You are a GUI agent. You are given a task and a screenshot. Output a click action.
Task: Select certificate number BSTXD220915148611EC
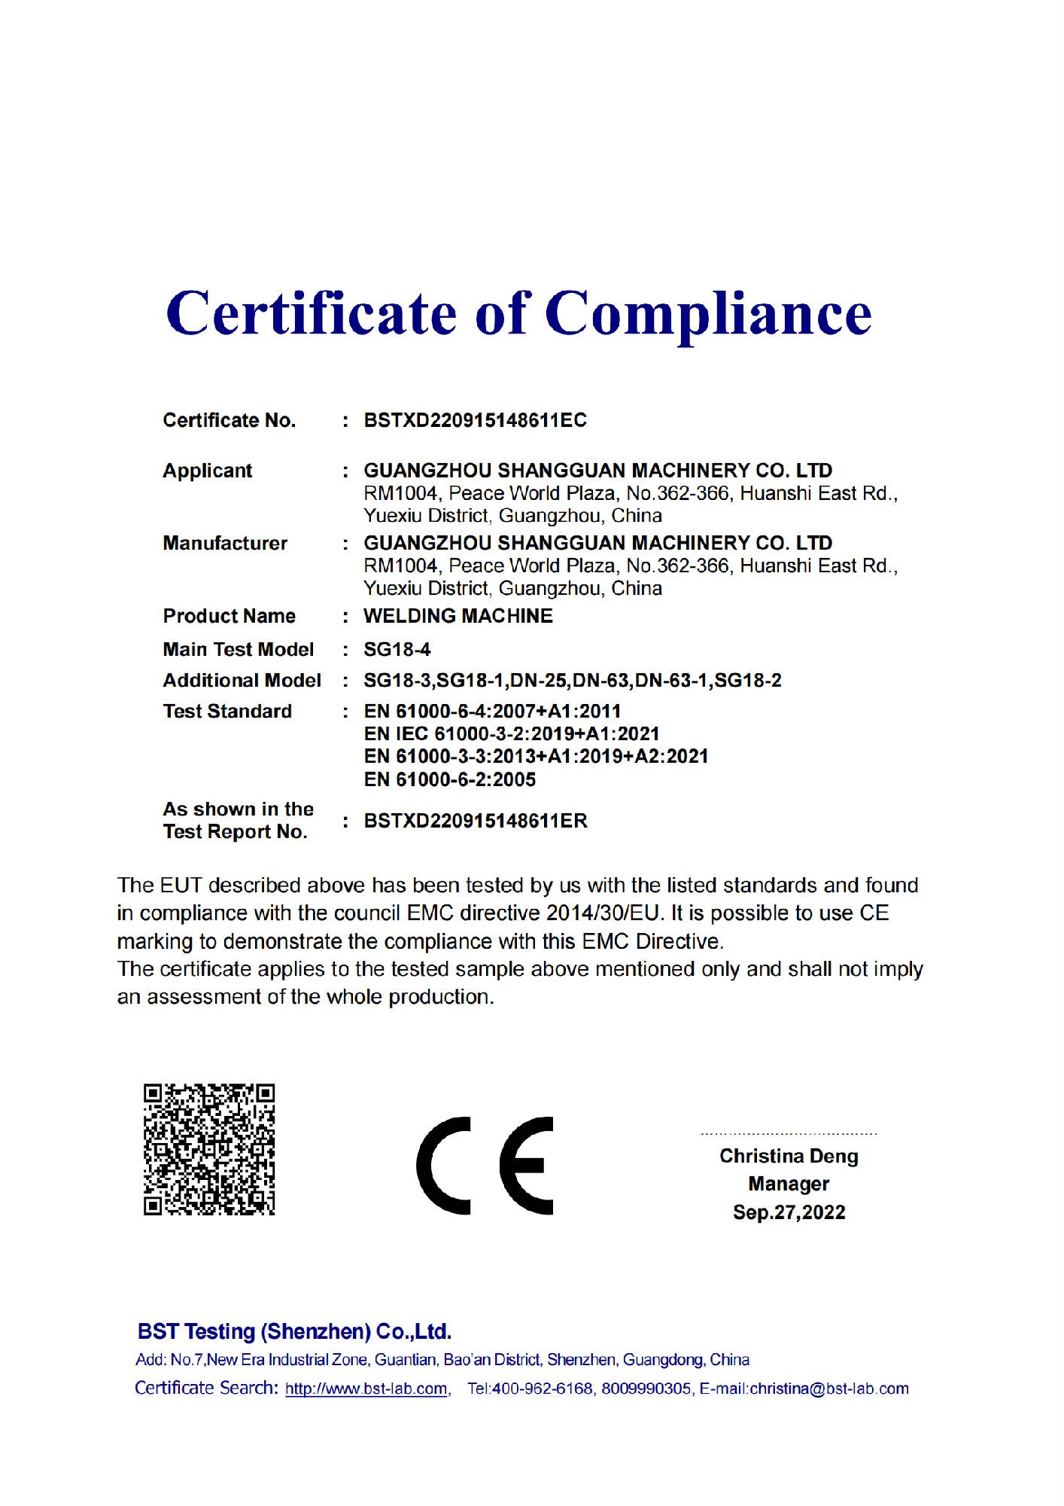coord(475,420)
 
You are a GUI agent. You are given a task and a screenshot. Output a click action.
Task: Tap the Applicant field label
coord(208,471)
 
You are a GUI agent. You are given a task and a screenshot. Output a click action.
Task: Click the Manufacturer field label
coord(225,543)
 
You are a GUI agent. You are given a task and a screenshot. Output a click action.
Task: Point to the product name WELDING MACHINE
coord(458,616)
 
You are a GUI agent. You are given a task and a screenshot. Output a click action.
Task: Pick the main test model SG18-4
coord(397,649)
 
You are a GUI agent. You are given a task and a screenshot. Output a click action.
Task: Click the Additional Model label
coord(242,680)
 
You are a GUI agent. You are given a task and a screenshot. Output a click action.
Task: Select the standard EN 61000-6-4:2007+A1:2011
coord(492,711)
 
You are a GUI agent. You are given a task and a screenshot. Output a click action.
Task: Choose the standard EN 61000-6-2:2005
coord(450,779)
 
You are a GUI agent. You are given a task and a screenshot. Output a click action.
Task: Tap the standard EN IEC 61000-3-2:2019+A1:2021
coord(512,733)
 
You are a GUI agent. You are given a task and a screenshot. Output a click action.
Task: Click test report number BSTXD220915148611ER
coord(476,821)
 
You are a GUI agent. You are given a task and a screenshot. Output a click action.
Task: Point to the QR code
coord(209,1149)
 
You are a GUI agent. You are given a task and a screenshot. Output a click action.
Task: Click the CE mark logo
coord(485,1165)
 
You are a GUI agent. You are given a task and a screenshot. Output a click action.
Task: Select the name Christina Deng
coord(789,1156)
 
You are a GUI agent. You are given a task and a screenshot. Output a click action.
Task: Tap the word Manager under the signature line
coord(789,1184)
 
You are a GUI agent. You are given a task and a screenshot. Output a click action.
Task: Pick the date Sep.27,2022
coord(789,1212)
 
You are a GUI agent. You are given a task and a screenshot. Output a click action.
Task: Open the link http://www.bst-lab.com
coord(367,1389)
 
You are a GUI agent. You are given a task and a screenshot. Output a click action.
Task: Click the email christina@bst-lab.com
coord(829,1389)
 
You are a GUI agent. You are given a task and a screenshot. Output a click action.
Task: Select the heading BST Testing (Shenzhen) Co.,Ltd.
coord(294,1331)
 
